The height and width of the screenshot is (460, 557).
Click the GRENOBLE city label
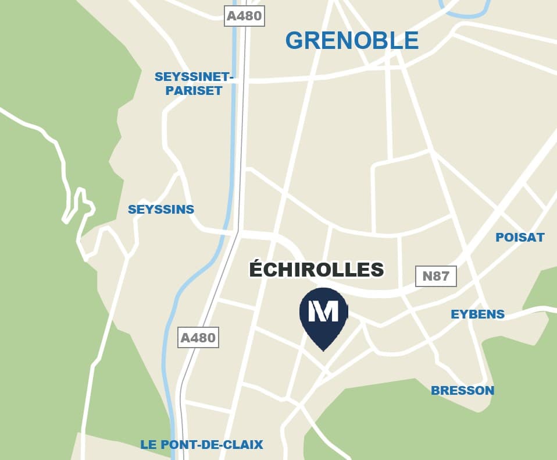[352, 40]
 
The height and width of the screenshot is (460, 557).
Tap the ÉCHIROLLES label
[316, 270]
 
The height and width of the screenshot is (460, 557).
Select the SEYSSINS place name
[161, 210]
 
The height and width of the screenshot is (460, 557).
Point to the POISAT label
[520, 237]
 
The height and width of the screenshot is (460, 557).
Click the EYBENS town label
[477, 314]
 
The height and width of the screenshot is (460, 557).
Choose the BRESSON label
[462, 391]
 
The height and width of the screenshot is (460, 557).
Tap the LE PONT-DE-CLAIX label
[202, 445]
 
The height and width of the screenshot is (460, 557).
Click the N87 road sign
[436, 275]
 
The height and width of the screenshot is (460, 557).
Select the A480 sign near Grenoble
[244, 16]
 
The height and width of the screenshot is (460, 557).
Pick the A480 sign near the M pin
[198, 338]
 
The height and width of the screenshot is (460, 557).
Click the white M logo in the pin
[323, 312]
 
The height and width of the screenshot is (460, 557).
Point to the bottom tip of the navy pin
[323, 350]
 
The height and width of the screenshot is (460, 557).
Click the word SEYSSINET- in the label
[194, 77]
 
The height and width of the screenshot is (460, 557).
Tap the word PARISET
[194, 91]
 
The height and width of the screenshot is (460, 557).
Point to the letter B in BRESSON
[435, 391]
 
